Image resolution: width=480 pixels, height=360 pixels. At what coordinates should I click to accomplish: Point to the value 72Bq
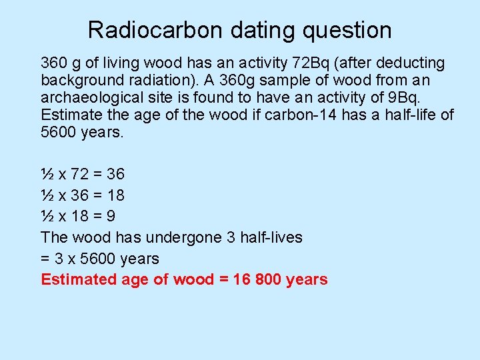point(311,63)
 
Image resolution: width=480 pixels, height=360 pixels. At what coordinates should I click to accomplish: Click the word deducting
point(407,63)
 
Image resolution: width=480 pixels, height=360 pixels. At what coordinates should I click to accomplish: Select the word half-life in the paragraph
point(411,115)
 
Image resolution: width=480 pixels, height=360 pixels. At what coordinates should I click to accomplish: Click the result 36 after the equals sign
point(115,175)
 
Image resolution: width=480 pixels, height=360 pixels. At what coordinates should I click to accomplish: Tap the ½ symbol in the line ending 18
point(47,196)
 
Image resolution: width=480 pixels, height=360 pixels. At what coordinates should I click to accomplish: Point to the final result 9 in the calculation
point(110,217)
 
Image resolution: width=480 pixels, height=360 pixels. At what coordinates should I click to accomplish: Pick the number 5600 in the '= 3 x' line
point(94,259)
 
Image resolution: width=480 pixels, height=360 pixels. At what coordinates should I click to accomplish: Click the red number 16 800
point(257,279)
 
